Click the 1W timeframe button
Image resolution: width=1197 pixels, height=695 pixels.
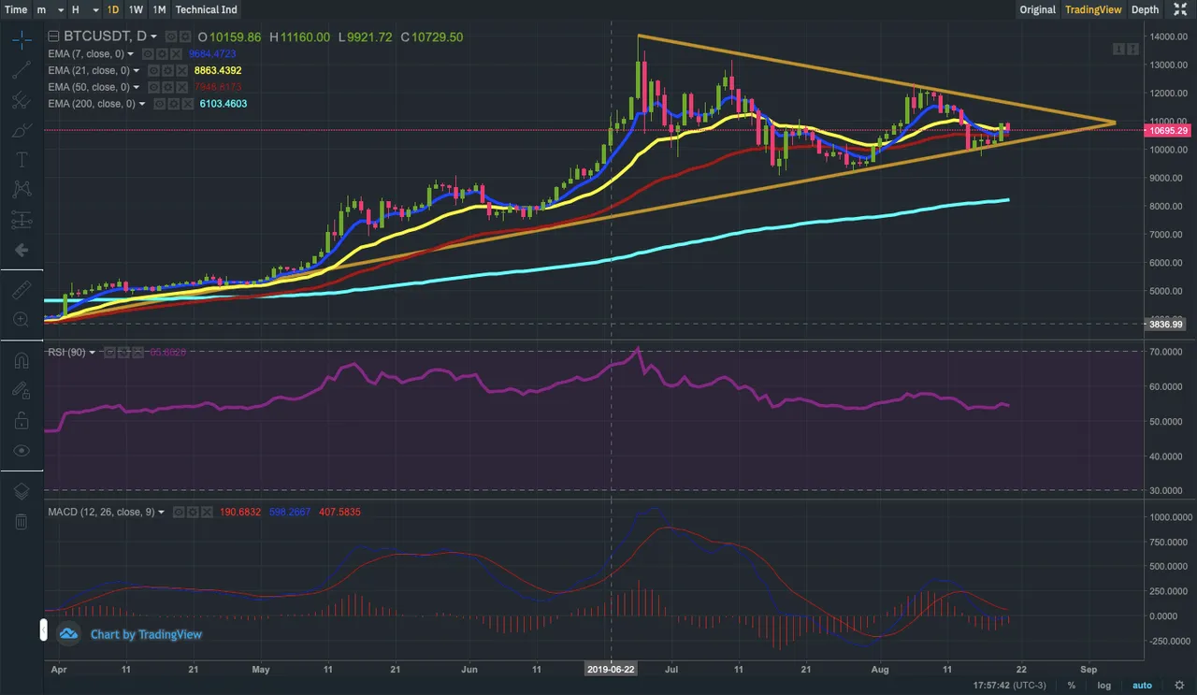tap(136, 9)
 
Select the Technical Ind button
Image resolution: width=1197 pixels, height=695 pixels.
tap(206, 9)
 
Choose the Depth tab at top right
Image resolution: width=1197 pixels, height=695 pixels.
tap(1145, 9)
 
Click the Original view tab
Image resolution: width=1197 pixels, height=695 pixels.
tap(1037, 9)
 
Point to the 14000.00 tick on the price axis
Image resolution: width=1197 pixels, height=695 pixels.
tap(1164, 36)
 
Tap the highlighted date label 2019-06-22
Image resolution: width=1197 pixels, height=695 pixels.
tap(611, 670)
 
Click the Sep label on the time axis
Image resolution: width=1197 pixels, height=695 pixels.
tap(1089, 670)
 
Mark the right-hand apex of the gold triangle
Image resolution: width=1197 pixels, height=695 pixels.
tap(1116, 123)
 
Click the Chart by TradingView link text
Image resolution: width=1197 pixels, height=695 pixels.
tap(146, 634)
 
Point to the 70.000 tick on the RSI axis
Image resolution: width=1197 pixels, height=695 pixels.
tap(1167, 352)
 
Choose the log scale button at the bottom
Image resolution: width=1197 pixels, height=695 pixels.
tap(1103, 686)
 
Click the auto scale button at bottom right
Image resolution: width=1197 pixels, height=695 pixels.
tap(1142, 686)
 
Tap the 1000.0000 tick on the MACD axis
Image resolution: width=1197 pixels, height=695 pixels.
tap(1170, 517)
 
